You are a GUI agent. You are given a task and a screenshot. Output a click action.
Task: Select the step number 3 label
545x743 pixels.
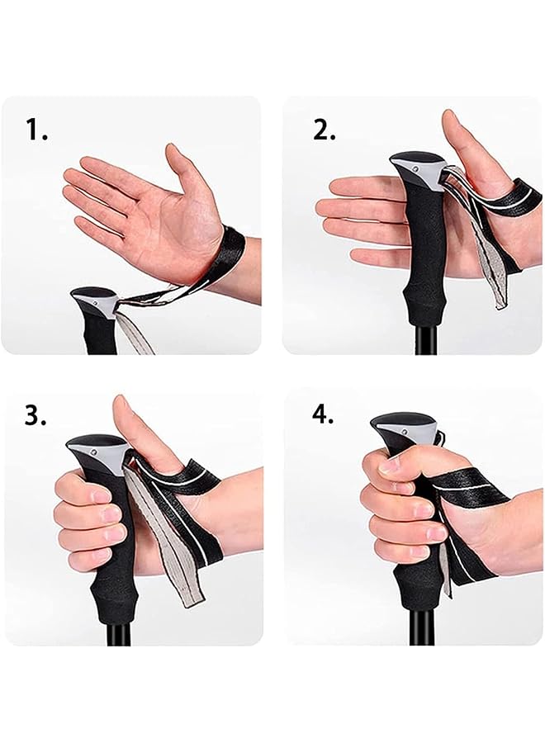[35, 415]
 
